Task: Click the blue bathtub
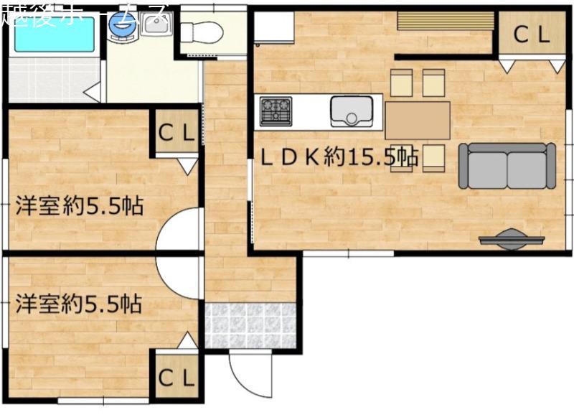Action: click(x=55, y=34)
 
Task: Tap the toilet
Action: click(x=202, y=32)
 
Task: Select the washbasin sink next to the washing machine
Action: click(x=156, y=24)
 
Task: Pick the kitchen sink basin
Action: click(x=352, y=111)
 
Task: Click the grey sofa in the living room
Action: click(x=507, y=166)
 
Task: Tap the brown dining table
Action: click(x=418, y=121)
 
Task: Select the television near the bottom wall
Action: click(x=512, y=239)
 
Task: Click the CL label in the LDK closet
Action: click(x=532, y=34)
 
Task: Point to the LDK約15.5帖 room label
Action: click(x=339, y=157)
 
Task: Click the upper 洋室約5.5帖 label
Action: click(x=80, y=205)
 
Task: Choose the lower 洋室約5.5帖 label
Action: click(x=79, y=304)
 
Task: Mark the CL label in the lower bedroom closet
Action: click(x=176, y=377)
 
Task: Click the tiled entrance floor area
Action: click(x=250, y=325)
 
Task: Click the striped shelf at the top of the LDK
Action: click(x=446, y=21)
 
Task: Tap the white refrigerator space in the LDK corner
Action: click(x=274, y=28)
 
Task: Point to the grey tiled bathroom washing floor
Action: click(x=55, y=80)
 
